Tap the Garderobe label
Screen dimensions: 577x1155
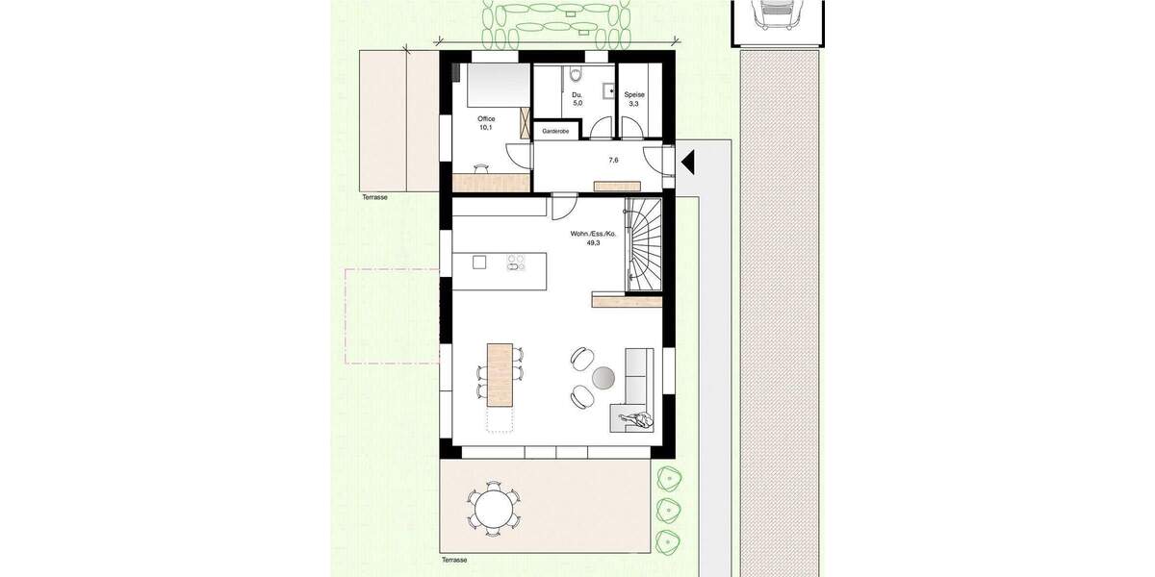(x=555, y=131)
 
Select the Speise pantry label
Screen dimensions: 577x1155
(x=633, y=95)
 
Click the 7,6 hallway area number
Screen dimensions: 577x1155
(x=613, y=161)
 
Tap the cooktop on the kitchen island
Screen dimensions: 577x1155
(x=516, y=263)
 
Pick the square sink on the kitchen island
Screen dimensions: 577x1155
(x=480, y=263)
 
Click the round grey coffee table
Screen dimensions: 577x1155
(x=604, y=377)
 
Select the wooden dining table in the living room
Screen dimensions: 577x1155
(x=497, y=374)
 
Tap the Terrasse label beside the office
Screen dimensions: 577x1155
(x=373, y=196)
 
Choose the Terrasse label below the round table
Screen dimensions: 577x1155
(x=453, y=559)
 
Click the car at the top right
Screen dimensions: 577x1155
(x=779, y=14)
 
